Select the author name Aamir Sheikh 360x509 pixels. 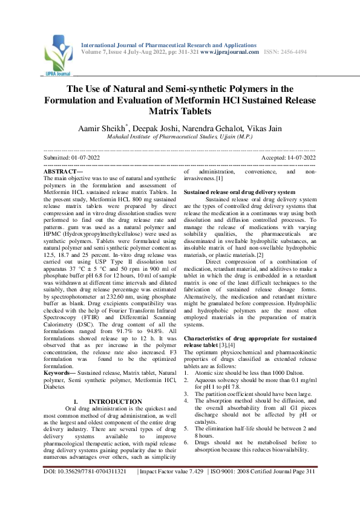pos(101,128)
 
